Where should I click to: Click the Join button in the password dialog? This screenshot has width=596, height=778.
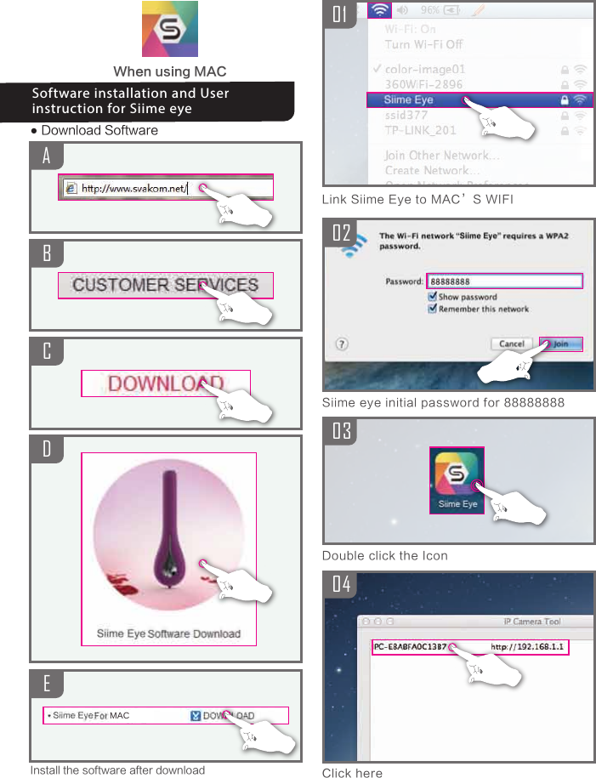coord(561,344)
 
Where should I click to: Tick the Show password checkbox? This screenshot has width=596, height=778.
coord(433,297)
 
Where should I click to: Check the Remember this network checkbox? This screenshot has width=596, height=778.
coord(433,309)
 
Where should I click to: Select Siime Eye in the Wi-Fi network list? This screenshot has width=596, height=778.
coord(409,99)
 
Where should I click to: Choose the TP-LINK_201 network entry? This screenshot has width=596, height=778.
coord(420,130)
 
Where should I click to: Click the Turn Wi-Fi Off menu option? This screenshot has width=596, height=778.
coord(423,43)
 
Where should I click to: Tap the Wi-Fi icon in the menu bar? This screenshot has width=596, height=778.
coord(379,10)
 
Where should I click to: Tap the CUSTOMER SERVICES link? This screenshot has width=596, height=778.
coord(165,285)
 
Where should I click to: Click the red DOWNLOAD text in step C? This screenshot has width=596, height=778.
coord(165,383)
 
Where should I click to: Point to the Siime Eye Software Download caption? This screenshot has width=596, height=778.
coord(168,633)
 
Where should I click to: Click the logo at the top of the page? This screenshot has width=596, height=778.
coord(169,29)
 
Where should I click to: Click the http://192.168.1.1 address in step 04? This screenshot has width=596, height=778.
coord(528,647)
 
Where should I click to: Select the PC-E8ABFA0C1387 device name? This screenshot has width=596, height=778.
coord(410,647)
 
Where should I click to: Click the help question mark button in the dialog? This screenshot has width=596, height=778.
coord(342,344)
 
